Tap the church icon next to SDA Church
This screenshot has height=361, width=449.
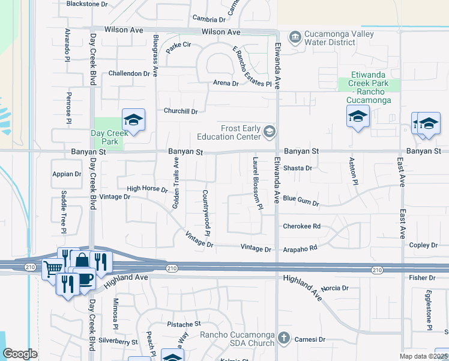pos(285,339)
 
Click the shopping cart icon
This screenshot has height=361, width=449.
pos(53,269)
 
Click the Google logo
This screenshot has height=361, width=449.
pos(20,354)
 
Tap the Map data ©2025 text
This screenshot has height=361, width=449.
pos(424,356)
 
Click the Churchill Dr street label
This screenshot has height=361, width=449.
pos(181,111)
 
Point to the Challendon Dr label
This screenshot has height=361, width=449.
pos(129,73)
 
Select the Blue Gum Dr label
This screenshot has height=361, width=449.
pos(301,197)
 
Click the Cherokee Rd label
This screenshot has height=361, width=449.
pos(301,226)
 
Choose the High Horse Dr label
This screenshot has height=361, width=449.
pos(147,189)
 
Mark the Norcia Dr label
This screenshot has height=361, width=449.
pos(335,288)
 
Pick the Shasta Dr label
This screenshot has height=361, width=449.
pos(298,168)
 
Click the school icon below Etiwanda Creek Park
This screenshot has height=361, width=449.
pos(358,116)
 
